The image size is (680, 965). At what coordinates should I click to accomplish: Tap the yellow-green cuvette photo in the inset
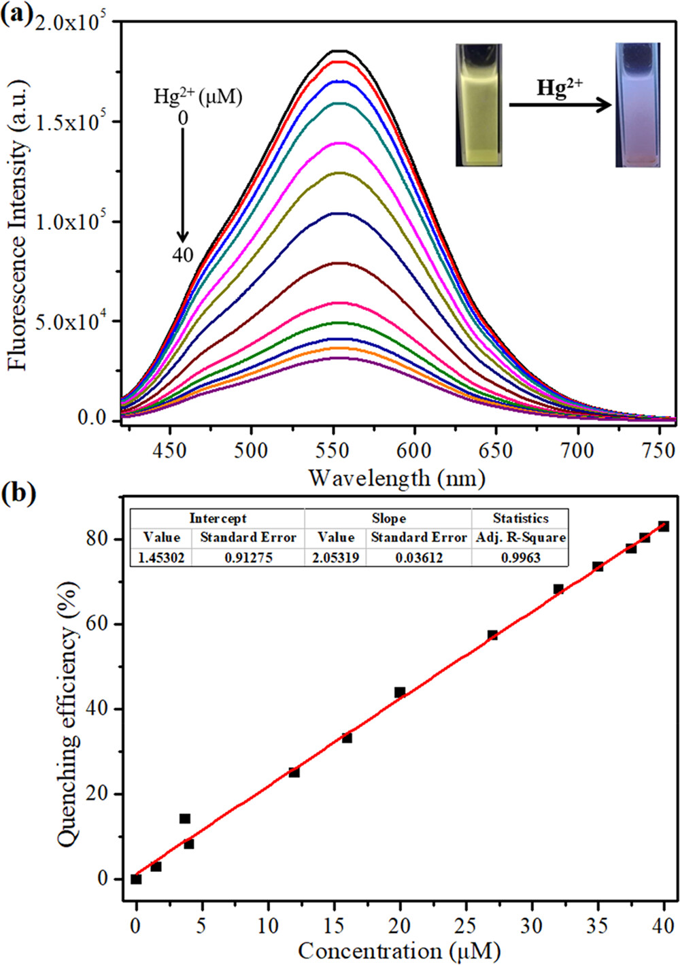coord(479,105)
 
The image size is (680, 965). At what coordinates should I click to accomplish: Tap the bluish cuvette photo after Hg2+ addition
coord(637,105)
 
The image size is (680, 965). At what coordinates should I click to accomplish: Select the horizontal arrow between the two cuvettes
coord(560,105)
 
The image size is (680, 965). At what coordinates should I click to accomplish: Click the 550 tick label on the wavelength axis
coord(333,451)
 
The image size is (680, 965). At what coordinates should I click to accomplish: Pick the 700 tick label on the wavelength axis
coord(577,451)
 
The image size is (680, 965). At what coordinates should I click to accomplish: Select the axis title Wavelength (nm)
coord(397,478)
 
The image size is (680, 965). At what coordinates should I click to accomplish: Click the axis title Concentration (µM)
coord(398,950)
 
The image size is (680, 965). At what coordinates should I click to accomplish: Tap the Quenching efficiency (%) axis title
coord(68,715)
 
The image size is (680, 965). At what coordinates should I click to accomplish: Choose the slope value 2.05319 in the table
coord(335,558)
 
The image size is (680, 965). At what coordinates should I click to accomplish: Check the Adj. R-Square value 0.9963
coord(520,558)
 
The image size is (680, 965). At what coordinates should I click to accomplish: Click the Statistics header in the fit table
coord(520,518)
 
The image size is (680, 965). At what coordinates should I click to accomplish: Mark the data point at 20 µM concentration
coord(400,692)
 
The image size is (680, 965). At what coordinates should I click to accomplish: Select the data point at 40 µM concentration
coord(664,526)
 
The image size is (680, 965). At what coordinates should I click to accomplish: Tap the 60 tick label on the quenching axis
coord(98,624)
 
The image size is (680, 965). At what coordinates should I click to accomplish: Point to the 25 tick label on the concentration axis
coord(465,926)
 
